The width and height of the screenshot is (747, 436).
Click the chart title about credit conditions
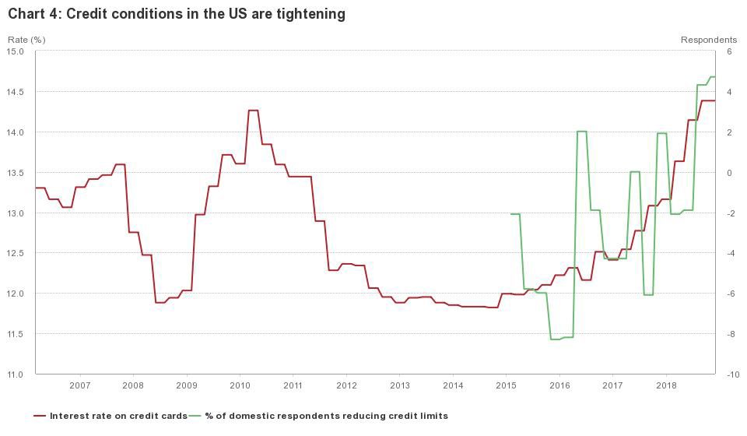[x=177, y=14]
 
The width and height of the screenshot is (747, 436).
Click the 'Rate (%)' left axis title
[x=26, y=39]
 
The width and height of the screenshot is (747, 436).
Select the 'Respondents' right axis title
[x=708, y=39]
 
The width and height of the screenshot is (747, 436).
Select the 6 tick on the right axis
[x=729, y=51]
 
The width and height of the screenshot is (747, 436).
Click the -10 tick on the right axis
[x=731, y=374]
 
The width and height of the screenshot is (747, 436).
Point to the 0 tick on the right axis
[x=729, y=173]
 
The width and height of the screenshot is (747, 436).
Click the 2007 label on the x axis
[x=79, y=385]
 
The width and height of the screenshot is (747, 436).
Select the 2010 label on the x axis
[x=240, y=385]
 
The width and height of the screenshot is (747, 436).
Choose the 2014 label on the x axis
[x=453, y=385]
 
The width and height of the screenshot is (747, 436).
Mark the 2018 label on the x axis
[x=666, y=385]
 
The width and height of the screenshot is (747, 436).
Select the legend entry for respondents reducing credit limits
[x=326, y=416]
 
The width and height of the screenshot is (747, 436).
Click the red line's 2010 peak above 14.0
[x=253, y=111]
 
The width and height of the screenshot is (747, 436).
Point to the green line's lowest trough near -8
[x=556, y=339]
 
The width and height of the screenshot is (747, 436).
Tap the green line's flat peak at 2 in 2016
[x=581, y=132]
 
